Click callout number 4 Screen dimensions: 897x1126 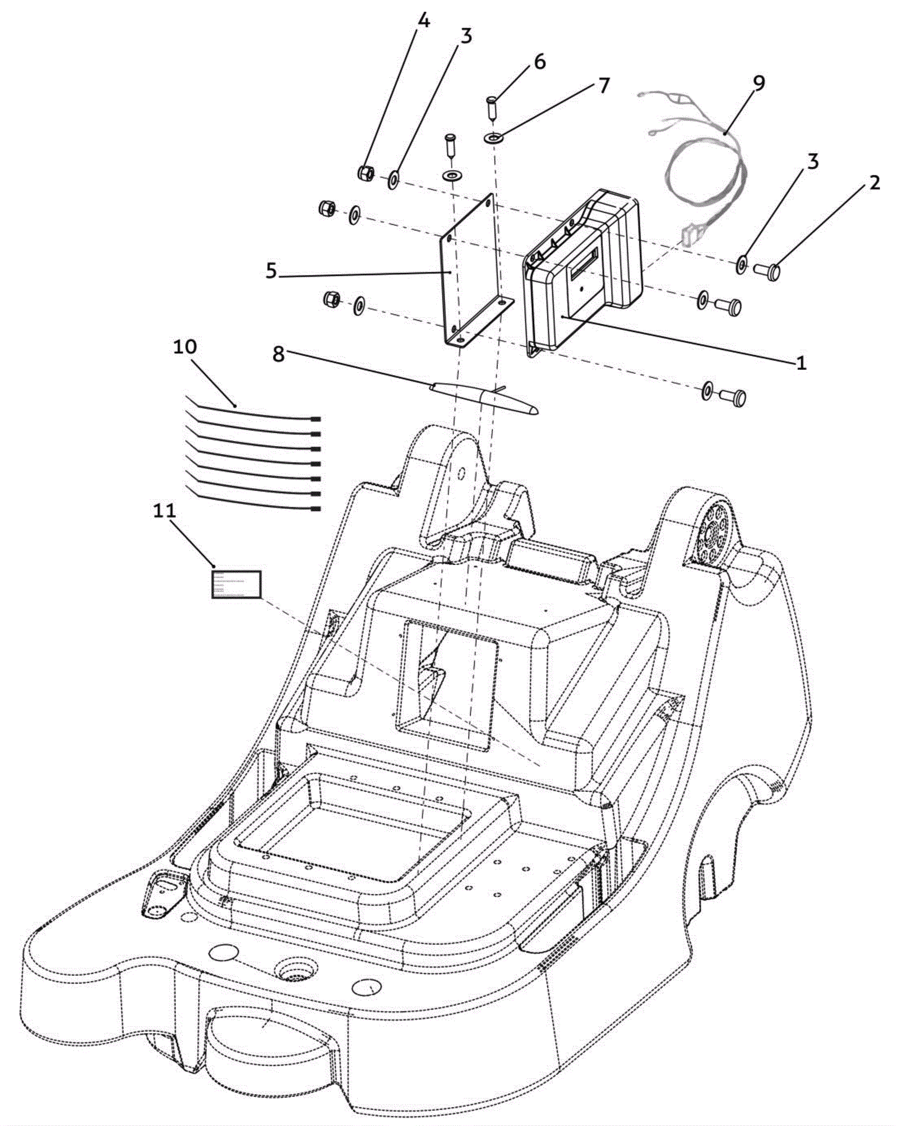tap(423, 22)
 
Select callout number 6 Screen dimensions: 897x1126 tap(539, 62)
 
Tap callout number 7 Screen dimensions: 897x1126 tap(603, 86)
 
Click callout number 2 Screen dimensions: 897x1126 tap(874, 183)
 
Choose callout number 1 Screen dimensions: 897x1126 tap(801, 363)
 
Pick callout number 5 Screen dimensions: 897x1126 tap(271, 271)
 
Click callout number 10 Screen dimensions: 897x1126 tap(185, 346)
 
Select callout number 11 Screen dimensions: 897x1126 tap(164, 511)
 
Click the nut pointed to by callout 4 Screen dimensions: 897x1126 tap(366, 173)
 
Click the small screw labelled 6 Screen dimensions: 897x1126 tap(492, 106)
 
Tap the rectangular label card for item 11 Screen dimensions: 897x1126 tap(237, 585)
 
